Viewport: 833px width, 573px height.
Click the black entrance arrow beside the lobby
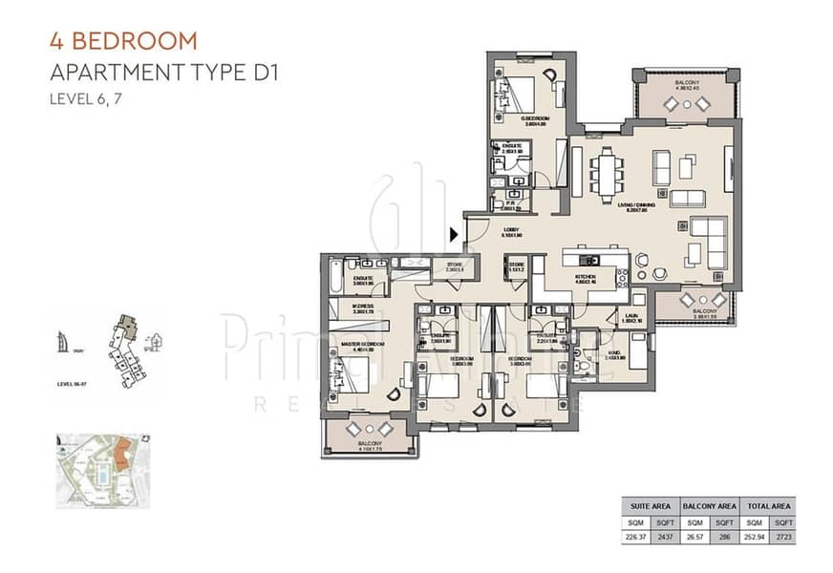point(454,233)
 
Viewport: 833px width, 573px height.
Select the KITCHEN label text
point(585,278)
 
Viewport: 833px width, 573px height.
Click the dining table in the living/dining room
point(607,177)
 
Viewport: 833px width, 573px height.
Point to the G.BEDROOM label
point(509,119)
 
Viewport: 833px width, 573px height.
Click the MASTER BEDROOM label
point(364,344)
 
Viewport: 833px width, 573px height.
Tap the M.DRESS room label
point(361,307)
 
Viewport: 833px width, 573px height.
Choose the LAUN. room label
point(631,318)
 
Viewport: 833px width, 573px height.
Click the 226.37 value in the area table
point(635,537)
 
